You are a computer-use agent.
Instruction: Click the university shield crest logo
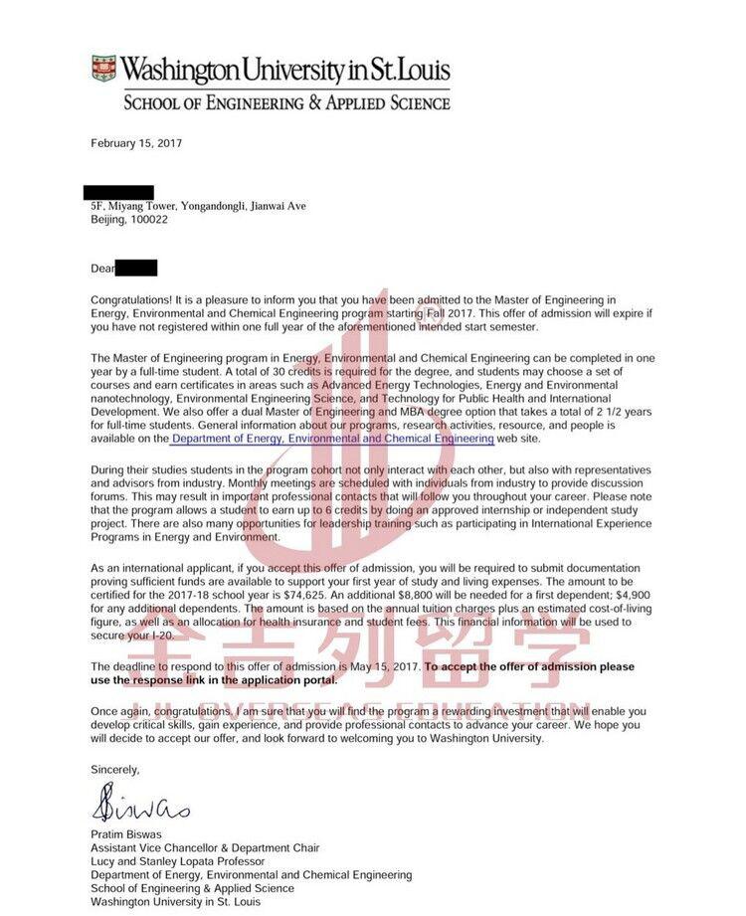coord(103,69)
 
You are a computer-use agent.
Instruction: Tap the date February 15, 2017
coord(136,143)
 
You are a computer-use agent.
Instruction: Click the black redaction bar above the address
coord(118,192)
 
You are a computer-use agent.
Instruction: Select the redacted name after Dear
coord(136,268)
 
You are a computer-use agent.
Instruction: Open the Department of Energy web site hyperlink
coord(332,439)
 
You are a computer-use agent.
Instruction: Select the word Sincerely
coord(115,769)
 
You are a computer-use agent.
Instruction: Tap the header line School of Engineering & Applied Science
coord(286,101)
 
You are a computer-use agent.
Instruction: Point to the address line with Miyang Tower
coord(199,206)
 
